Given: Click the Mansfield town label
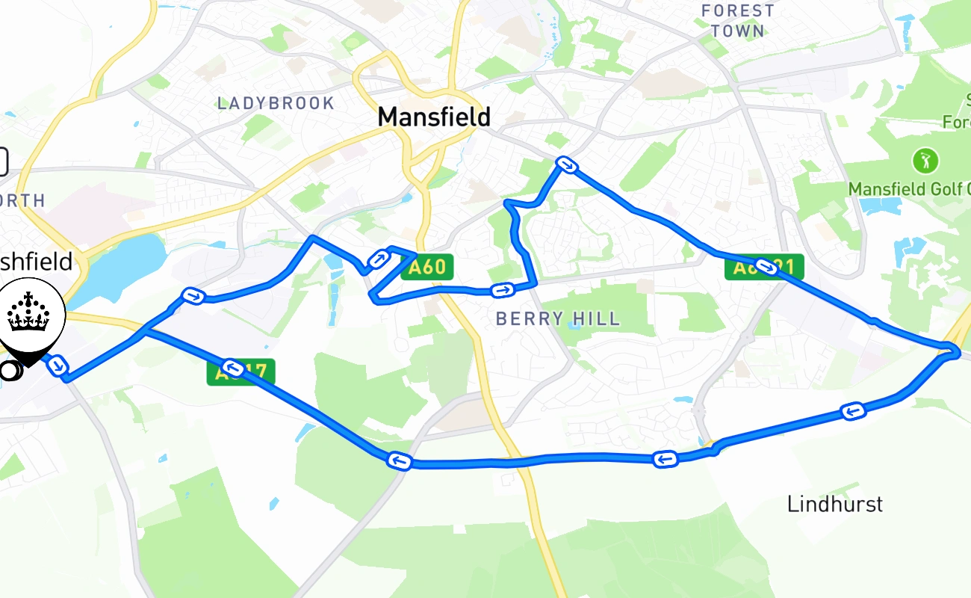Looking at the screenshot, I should click(x=434, y=117).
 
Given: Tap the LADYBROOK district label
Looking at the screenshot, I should click(x=276, y=103).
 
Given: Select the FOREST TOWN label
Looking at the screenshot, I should click(x=738, y=21).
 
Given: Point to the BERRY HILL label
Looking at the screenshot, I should click(x=558, y=319).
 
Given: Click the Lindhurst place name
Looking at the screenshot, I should click(x=834, y=504).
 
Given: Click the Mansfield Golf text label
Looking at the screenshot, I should click(x=908, y=188).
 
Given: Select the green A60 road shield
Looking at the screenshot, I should click(x=428, y=267).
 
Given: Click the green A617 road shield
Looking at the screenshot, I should click(x=241, y=372).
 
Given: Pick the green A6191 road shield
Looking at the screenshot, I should click(x=764, y=267).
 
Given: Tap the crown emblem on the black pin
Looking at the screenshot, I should click(x=28, y=313).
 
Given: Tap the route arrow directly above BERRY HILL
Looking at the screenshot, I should click(x=503, y=290).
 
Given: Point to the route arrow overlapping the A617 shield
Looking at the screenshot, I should click(x=232, y=366).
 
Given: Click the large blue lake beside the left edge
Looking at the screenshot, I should click(x=122, y=265).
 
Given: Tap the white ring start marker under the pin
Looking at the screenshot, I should click(x=9, y=370).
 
